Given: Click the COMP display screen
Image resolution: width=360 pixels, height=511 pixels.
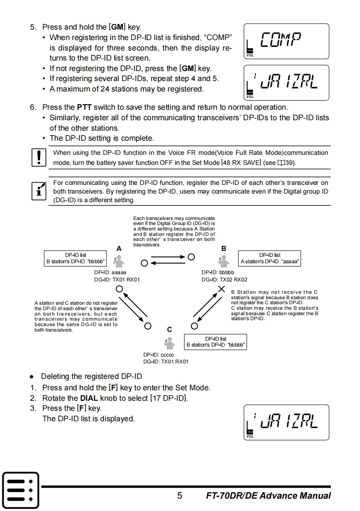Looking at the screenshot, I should point(286,41).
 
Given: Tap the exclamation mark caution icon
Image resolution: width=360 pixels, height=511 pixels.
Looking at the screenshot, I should point(39,157).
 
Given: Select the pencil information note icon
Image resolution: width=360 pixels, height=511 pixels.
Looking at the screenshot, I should point(39,190).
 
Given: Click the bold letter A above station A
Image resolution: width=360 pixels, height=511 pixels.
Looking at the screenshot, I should point(119,248).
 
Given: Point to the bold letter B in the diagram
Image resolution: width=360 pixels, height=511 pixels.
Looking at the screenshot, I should point(223,248).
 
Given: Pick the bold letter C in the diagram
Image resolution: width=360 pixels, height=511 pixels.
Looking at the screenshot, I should point(169,329).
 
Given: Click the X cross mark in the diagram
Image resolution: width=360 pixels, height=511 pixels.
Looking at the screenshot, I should point(222,289).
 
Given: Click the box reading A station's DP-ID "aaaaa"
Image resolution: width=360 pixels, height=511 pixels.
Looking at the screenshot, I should point(269,258).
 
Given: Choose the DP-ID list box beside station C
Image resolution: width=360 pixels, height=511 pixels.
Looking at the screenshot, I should point(216,342).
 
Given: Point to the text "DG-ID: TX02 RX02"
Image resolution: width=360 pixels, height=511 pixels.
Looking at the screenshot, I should point(224,280).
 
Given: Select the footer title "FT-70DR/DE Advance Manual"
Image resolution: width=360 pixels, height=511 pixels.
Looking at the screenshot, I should point(268,496).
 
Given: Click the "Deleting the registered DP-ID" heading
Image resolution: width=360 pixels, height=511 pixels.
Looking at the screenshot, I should point(91,376).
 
